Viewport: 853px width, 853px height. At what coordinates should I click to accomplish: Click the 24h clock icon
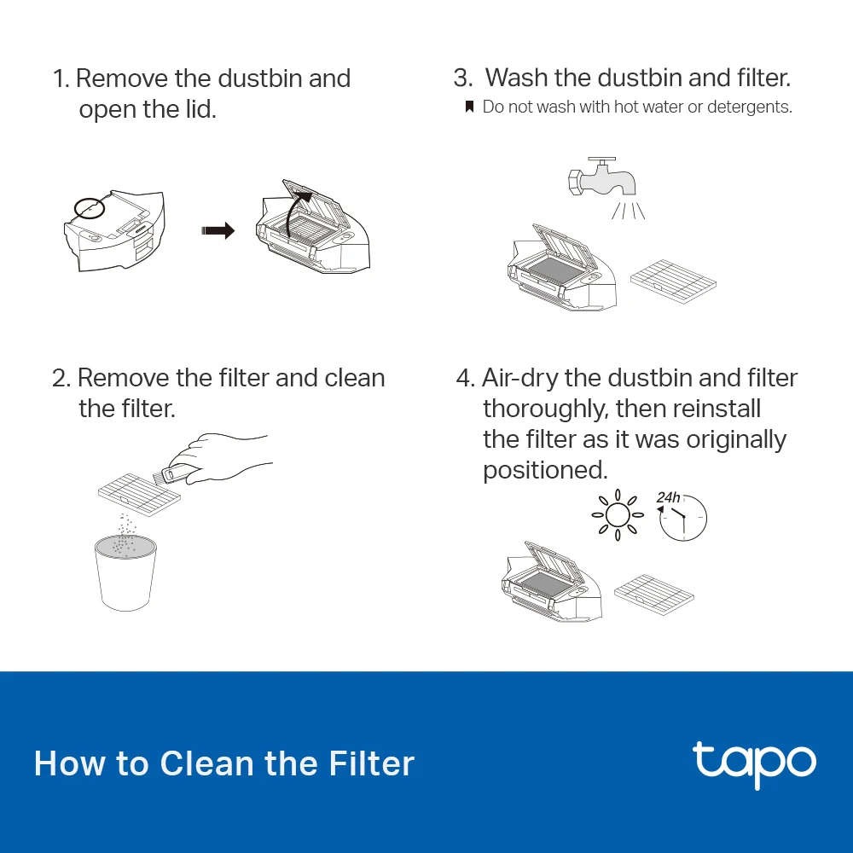coord(682,516)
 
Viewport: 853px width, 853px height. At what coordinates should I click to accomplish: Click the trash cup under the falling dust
coord(126,572)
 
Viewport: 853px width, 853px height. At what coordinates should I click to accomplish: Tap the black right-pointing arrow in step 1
coord(218,230)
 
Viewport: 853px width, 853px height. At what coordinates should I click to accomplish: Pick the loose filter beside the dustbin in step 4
coord(654,592)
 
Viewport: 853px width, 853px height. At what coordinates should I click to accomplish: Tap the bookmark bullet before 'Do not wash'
coord(468,107)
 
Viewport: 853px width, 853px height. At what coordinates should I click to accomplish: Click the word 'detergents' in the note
coord(754,107)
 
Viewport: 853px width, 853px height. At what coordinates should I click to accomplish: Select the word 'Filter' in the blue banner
coord(372,763)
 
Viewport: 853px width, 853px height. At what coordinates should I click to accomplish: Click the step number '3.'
coord(463,78)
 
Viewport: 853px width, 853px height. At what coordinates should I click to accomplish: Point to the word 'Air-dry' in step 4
coord(521,378)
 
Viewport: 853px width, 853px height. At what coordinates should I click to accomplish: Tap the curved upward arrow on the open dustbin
coord(294,213)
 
